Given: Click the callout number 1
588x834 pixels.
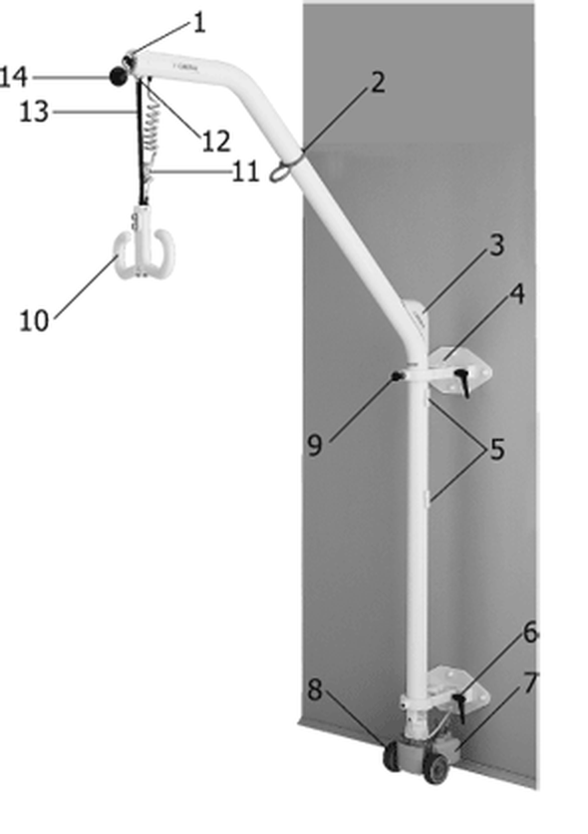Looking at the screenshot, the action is coord(198,23).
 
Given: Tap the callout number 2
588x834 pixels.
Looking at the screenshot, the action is coord(377,84).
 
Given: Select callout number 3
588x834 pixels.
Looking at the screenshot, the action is coord(496,245).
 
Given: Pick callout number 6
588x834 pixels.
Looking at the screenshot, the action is coord(530,632).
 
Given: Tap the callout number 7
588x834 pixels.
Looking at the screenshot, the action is coord(530,683).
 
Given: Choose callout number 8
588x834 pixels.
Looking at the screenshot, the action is coord(315,690).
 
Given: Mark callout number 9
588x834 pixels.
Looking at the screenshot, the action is coord(315,445).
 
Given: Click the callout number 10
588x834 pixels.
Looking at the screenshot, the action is coord(34,320).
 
